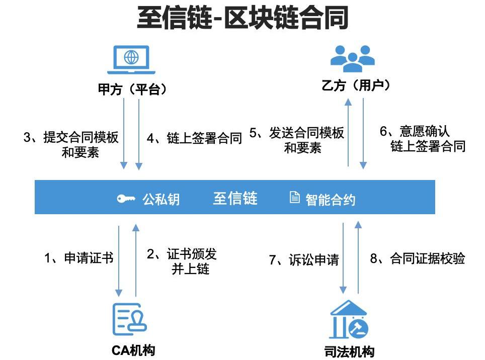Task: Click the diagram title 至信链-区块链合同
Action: coord(242,20)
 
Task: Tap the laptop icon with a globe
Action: coord(131,59)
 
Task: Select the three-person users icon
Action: coord(352,58)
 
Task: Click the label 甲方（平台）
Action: coord(132,89)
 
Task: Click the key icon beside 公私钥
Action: coord(126,199)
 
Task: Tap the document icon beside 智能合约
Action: coord(295,198)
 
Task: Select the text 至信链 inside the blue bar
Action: coord(235,198)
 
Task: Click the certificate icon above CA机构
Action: coord(129,319)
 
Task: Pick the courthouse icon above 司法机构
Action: coord(349,320)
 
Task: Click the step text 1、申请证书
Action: coord(78,258)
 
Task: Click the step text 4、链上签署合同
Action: coord(194,139)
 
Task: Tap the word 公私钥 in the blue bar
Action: coord(160,200)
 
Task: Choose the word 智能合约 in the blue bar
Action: coord(330,200)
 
